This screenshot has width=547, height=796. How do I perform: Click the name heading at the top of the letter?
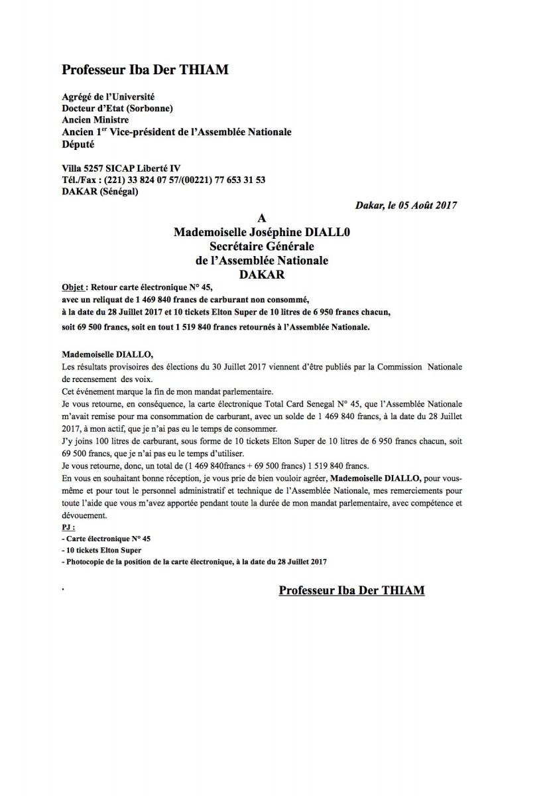click(x=145, y=70)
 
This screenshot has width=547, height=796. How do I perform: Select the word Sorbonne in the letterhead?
click(x=151, y=108)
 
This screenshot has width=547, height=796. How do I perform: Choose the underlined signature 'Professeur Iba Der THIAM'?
click(x=351, y=590)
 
